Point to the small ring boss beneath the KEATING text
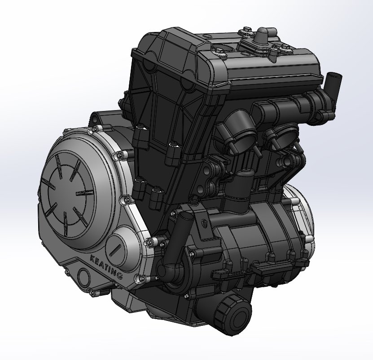(83, 275)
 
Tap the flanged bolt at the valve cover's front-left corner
(219, 51)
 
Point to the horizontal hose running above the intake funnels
(287, 108)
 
